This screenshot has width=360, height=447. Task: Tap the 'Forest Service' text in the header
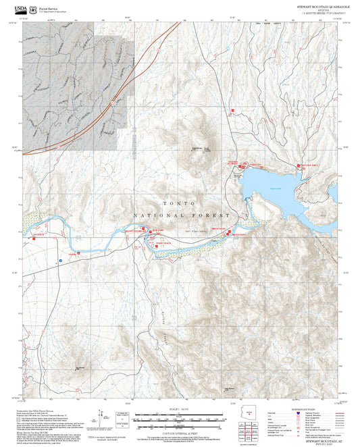pyautogui.click(x=49, y=5)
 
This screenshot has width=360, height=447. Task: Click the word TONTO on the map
pyautogui.click(x=179, y=203)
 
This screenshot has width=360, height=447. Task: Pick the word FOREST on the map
pyautogui.click(x=213, y=215)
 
